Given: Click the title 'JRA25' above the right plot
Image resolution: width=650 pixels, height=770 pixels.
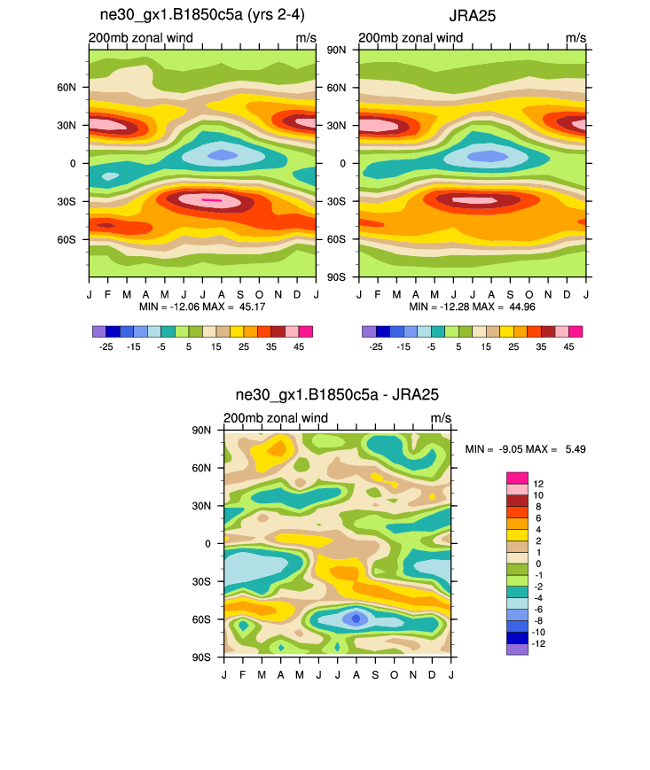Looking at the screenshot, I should pos(472,15).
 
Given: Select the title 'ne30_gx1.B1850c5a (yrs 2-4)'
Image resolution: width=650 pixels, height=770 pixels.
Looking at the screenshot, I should pos(202,15).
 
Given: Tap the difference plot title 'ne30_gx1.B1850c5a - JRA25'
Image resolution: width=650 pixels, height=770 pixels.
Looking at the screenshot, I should pos(337,394).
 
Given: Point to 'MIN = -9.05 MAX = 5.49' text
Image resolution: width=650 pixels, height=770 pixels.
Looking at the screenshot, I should pos(525,449).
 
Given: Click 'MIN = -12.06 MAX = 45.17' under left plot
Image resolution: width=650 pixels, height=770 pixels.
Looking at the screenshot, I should pos(203,306).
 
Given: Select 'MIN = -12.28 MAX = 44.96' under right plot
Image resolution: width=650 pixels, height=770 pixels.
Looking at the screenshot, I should pos(472,306).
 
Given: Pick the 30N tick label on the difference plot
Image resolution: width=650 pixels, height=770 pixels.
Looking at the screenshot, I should pos(203,506).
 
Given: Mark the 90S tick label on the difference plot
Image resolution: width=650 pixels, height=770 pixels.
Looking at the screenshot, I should pos(203,657).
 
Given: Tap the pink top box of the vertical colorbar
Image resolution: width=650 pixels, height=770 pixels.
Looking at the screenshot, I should pos(517,478).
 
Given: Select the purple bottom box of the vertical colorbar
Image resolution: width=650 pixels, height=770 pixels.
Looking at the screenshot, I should pos(517,649).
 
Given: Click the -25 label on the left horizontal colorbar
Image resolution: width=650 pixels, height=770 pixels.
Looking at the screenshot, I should pos(106,346).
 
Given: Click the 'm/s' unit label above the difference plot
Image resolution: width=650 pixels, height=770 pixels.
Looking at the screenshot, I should pos(441,418).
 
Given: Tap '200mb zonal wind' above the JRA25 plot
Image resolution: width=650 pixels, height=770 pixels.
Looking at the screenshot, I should pos(411,38).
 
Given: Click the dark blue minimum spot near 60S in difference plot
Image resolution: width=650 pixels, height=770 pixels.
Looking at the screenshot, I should pos(356,618).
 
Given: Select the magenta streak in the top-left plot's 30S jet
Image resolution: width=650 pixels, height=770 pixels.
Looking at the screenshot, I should pos(211,200).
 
